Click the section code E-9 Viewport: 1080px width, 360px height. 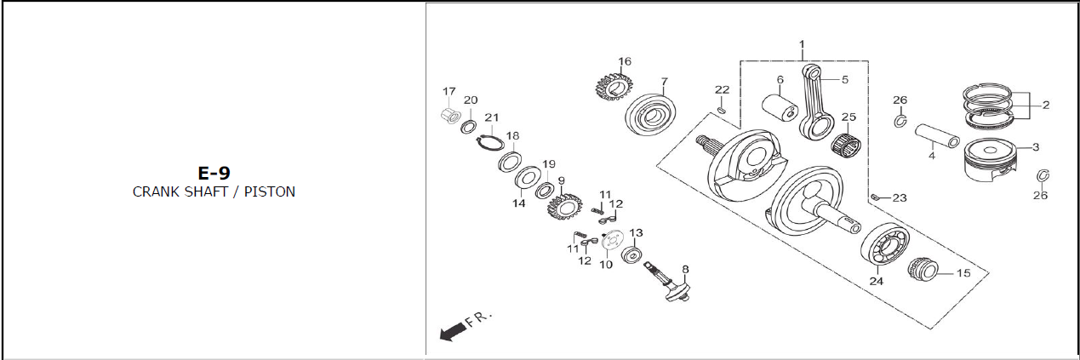tap(214, 173)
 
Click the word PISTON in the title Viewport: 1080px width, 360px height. tap(270, 191)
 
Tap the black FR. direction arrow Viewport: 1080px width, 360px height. tap(454, 332)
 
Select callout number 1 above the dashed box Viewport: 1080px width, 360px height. tap(802, 44)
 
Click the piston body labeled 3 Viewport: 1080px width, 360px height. tap(990, 162)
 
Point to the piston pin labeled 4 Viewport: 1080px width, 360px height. tap(937, 136)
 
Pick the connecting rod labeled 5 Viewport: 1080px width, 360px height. tap(817, 103)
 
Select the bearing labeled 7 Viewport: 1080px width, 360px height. tap(650, 115)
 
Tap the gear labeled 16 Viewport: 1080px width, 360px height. tap(614, 87)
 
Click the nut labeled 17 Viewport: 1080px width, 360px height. tap(449, 116)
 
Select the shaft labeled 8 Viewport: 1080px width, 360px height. tap(669, 283)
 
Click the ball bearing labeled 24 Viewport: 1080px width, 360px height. tap(885, 247)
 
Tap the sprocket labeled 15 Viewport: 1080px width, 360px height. tap(923, 270)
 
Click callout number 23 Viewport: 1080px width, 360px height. tap(900, 198)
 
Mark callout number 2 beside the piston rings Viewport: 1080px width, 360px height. tap(1046, 105)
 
